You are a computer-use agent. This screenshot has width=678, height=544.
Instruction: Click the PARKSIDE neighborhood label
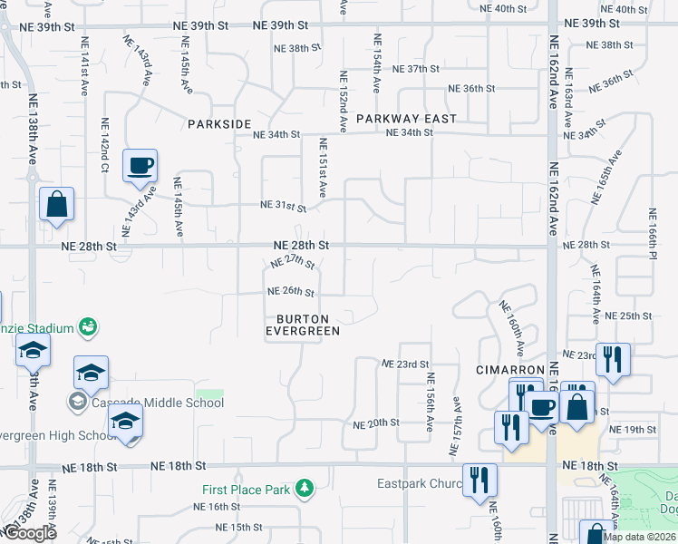tap(218, 123)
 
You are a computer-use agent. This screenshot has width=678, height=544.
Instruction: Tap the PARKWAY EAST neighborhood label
tap(406, 119)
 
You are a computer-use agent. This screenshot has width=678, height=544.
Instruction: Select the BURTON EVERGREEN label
tap(302, 325)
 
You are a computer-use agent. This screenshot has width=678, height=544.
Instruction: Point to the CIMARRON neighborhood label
tap(510, 371)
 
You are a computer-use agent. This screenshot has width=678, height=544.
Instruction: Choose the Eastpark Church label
tap(420, 483)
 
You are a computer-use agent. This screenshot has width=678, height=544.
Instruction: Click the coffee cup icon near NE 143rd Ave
tap(140, 166)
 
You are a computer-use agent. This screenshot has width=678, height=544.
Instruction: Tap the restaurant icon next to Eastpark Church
tap(479, 481)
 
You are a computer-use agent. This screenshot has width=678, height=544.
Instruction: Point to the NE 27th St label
tap(292, 262)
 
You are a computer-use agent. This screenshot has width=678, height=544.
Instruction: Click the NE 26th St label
tap(290, 292)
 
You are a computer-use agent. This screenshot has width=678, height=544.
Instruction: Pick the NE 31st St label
tap(283, 207)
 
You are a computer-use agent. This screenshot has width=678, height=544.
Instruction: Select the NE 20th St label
tap(376, 423)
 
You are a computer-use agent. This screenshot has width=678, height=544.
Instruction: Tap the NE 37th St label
tap(415, 69)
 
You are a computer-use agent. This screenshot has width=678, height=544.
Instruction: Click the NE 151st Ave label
tap(322, 168)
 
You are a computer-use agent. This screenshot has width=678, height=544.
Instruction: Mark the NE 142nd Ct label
tap(105, 145)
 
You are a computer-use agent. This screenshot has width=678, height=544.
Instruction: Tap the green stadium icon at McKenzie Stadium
tap(88, 325)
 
